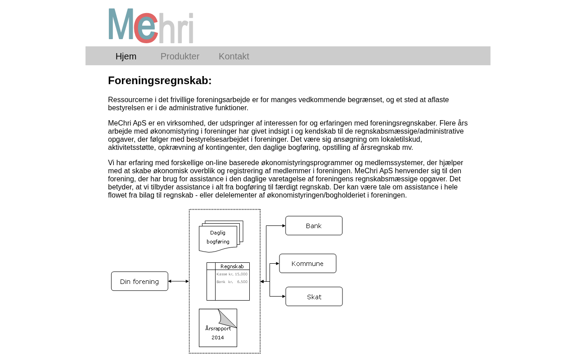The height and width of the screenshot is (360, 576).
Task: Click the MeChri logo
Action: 151,26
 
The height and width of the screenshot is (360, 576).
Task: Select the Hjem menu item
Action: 126,56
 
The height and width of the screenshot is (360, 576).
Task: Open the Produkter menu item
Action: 180,56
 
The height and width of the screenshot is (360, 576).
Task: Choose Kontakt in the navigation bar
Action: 234,56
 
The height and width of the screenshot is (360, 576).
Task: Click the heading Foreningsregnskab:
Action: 160,81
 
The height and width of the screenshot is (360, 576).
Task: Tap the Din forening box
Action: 139,281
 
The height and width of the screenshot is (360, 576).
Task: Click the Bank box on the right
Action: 314,225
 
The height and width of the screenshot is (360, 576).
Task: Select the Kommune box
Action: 307,263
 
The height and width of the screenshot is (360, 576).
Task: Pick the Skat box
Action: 314,297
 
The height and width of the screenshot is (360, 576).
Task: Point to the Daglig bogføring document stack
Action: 220,237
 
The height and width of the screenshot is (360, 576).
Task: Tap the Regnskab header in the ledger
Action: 232,266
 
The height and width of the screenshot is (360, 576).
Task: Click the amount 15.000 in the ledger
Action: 241,274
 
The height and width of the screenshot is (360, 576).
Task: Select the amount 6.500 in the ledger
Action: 242,282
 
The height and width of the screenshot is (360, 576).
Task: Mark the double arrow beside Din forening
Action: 179,281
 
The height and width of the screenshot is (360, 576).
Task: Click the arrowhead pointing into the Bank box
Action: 283,225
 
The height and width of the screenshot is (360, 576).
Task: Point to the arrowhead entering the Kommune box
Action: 277,263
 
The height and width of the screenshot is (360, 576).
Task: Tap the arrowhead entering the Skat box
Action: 283,297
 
